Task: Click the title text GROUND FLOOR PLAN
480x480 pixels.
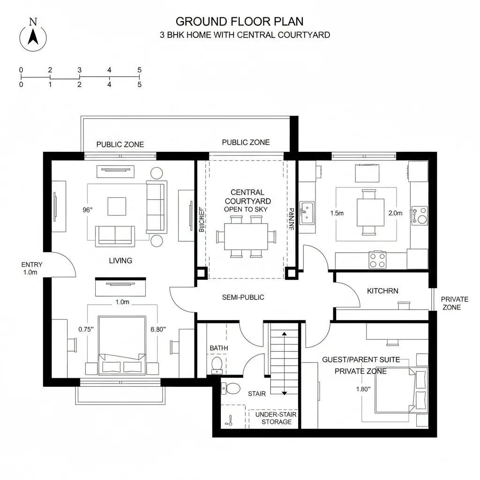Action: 240,22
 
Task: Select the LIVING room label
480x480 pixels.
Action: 120,261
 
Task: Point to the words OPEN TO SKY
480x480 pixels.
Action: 246,209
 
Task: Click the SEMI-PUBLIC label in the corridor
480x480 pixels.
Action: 243,297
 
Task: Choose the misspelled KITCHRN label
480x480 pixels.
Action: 382,291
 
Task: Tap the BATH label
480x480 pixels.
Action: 218,348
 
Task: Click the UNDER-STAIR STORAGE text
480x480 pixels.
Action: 276,418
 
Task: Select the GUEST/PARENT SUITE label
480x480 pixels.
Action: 361,360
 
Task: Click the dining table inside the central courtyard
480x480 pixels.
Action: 246,237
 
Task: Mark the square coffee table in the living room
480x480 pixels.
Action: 117,206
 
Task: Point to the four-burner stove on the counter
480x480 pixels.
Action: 378,260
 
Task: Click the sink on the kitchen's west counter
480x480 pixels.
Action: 307,211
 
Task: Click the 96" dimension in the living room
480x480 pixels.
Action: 88,210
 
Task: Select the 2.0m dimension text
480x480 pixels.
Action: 395,213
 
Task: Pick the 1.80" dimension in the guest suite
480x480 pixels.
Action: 363,389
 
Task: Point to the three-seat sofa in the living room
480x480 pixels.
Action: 156,207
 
